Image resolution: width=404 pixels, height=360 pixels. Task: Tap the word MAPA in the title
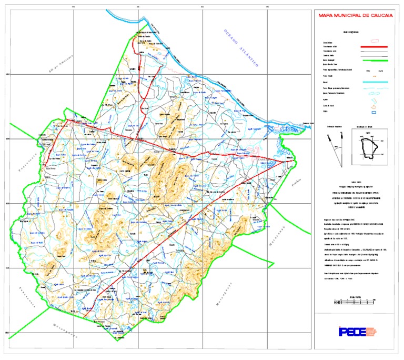[x=327, y=16]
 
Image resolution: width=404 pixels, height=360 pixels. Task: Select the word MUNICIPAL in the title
[x=349, y=16]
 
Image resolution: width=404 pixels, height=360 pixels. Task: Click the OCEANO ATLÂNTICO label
[x=239, y=49]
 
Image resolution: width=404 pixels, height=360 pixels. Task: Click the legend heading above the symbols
[x=349, y=32]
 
